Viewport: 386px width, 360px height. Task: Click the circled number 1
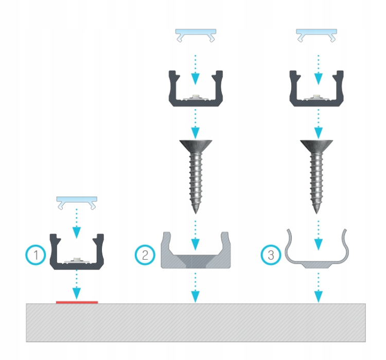pos(36,255)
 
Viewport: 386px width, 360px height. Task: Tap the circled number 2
pos(145,255)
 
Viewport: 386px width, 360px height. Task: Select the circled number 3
pos(271,255)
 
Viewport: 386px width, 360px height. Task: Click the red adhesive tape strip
pos(77,302)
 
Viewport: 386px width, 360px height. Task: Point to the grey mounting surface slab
pos(196,322)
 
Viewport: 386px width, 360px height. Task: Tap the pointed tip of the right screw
pos(317,212)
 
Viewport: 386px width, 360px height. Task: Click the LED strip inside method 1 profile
pos(77,261)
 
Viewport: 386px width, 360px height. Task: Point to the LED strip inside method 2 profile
pos(196,97)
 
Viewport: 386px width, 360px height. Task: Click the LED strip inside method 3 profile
pos(317,97)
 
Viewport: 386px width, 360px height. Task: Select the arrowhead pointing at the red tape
pos(77,294)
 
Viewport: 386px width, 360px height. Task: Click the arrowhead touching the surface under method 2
pos(196,297)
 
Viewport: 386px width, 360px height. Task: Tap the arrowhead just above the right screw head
pos(319,133)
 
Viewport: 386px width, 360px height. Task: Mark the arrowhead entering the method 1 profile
pos(77,233)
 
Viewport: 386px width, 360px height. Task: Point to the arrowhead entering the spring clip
pos(319,244)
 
